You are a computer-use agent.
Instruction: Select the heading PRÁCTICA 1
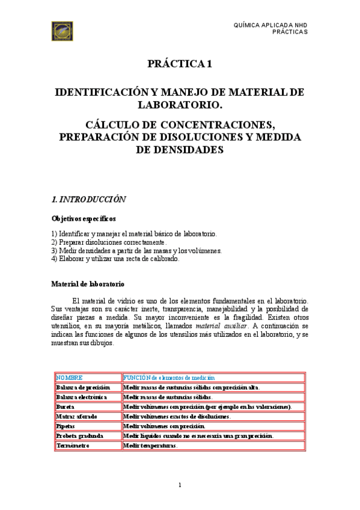180,64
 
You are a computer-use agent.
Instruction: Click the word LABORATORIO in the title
180,106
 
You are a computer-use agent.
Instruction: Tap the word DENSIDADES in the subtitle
180,150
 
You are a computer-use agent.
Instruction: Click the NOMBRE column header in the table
69,378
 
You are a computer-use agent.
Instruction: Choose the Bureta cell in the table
66,407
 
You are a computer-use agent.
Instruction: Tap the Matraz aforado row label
80,416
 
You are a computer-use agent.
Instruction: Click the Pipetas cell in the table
67,426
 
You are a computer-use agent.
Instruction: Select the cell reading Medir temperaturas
150,446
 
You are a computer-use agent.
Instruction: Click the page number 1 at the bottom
180,485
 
